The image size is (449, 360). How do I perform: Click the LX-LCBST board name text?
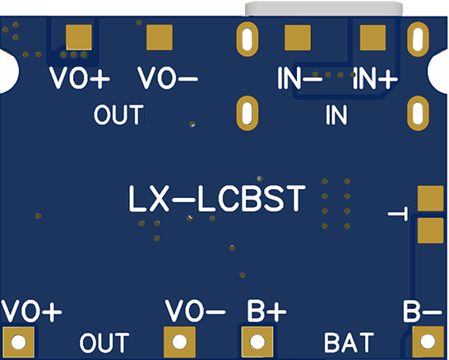point(218,200)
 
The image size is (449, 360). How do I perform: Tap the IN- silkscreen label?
point(300,79)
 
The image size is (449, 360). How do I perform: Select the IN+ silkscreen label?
point(376,79)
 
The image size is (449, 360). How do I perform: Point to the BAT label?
point(348,340)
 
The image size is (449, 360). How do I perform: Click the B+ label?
point(266,312)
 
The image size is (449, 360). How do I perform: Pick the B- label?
point(424,312)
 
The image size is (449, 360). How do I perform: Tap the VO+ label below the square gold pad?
point(80,79)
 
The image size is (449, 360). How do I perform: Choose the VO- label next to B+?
point(195,312)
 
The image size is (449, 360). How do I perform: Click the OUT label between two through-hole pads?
point(104,340)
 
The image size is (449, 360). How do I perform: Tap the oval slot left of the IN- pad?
point(245,38)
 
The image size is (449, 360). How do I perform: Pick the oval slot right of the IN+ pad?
point(417,38)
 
